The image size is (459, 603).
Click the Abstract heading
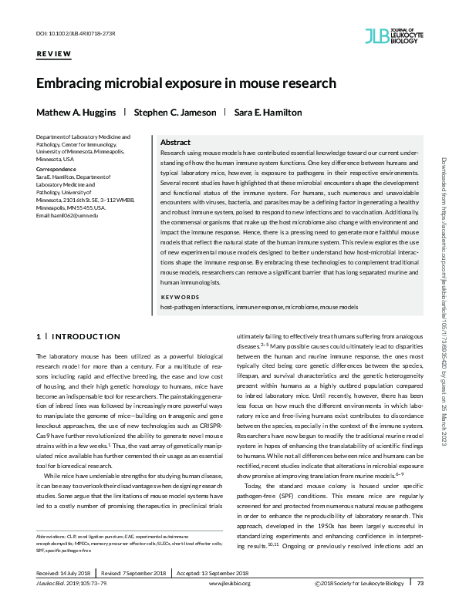[x=175, y=143]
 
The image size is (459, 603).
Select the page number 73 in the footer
[x=420, y=583]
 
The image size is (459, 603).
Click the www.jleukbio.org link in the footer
[x=229, y=583]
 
